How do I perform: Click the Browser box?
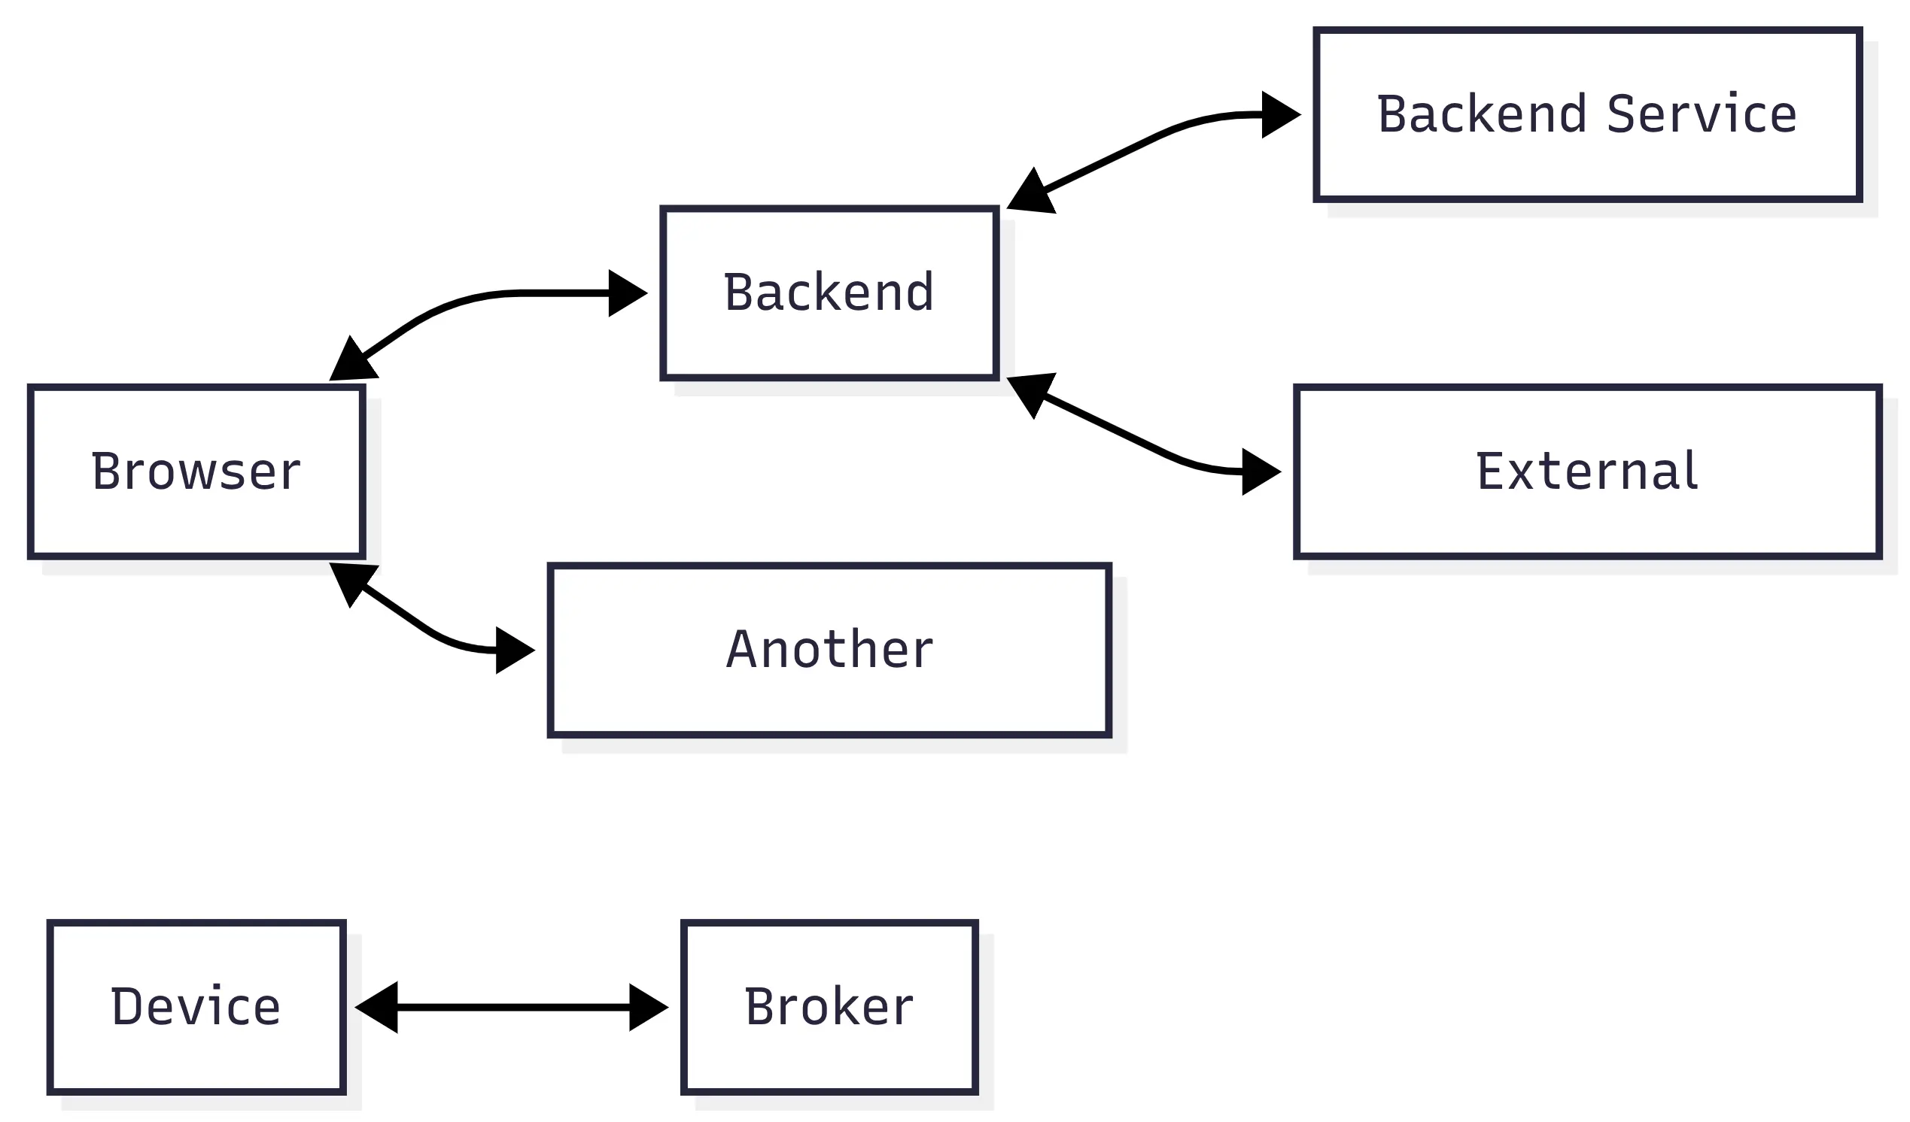click(197, 472)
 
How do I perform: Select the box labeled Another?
click(830, 650)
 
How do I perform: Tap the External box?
click(1588, 472)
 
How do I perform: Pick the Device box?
click(197, 1008)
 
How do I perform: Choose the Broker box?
click(830, 1008)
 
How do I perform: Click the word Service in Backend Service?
click(1702, 114)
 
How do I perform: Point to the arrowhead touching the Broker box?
click(649, 1008)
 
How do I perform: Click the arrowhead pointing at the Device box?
click(376, 1008)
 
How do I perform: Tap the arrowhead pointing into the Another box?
click(516, 650)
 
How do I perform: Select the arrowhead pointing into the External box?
click(1261, 472)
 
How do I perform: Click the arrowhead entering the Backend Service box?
click(1281, 115)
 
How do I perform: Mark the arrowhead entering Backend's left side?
click(628, 293)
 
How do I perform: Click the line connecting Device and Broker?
click(512, 1008)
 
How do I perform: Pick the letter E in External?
click(1490, 472)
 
